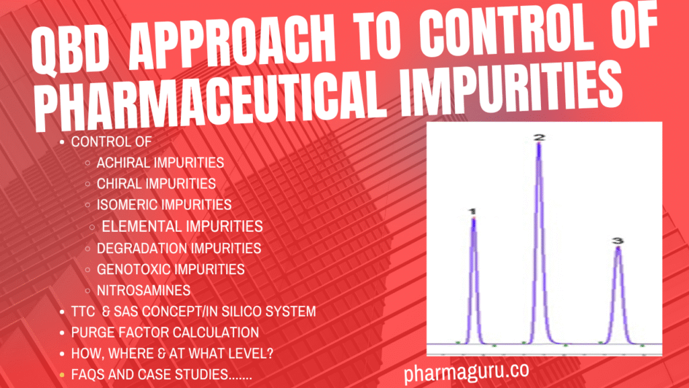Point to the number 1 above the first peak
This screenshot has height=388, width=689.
[x=472, y=212]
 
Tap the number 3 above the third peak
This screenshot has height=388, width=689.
[x=618, y=241]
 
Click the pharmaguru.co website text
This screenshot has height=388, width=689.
[x=466, y=371]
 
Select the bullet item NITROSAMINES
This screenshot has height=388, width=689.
[x=143, y=291]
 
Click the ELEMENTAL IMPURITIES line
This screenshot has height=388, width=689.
[x=182, y=226]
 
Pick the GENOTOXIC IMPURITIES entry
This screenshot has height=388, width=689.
[x=170, y=269]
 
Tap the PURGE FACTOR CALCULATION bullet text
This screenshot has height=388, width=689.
[x=165, y=332]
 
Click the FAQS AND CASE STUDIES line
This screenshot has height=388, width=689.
[x=161, y=375]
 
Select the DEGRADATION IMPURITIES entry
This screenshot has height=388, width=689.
[x=178, y=248]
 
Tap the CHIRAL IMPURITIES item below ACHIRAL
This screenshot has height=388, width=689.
[x=156, y=183]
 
